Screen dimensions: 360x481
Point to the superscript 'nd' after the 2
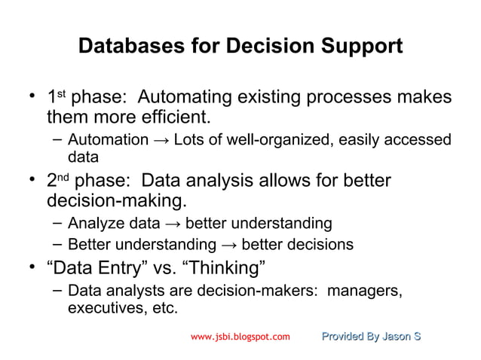pos(63,178)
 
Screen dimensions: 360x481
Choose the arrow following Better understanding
pos(228,245)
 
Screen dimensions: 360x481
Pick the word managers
pos(366,290)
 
